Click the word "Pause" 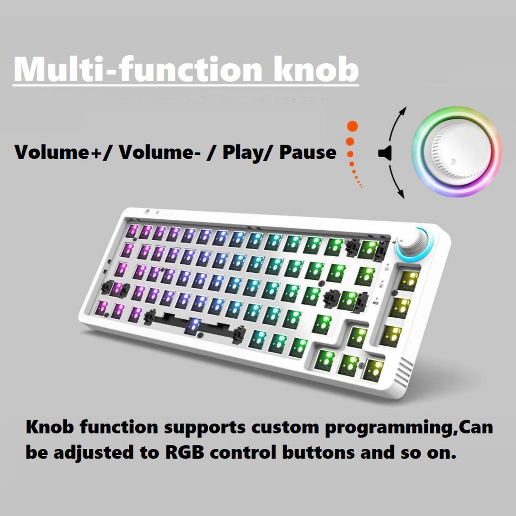(x=308, y=152)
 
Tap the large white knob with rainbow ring (x=457, y=152)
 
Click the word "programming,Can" (x=409, y=428)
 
